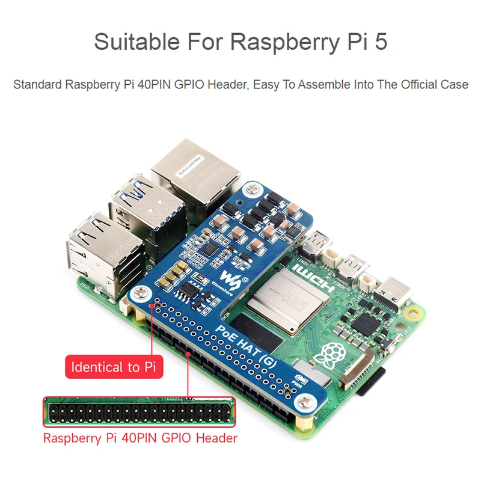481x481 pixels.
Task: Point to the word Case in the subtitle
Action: [x=455, y=85]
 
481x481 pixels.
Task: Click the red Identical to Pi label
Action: [x=114, y=367]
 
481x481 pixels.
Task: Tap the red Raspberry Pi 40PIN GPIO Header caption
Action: [x=140, y=438]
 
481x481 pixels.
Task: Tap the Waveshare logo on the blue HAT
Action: [x=230, y=278]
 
